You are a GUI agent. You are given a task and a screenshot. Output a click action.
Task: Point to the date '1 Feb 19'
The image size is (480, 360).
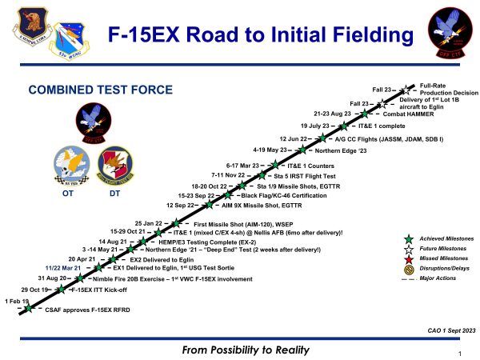click(x=17, y=301)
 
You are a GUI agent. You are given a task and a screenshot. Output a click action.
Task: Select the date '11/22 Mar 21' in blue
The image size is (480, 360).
click(x=66, y=268)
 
